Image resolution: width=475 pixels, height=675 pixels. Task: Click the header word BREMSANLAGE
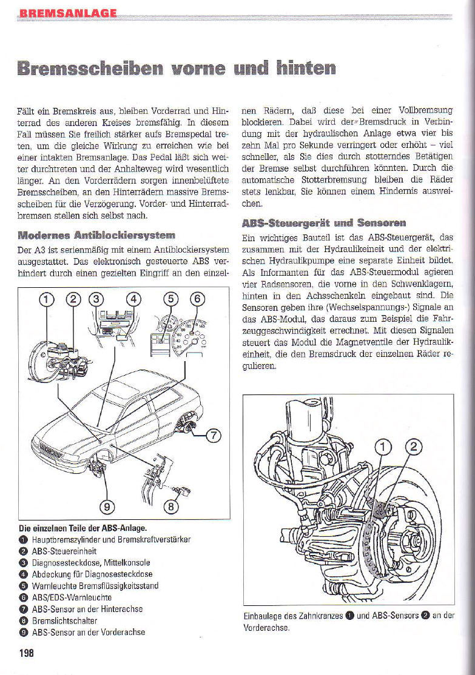pos(68,13)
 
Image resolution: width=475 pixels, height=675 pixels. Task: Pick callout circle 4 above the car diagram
pos(133,299)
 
